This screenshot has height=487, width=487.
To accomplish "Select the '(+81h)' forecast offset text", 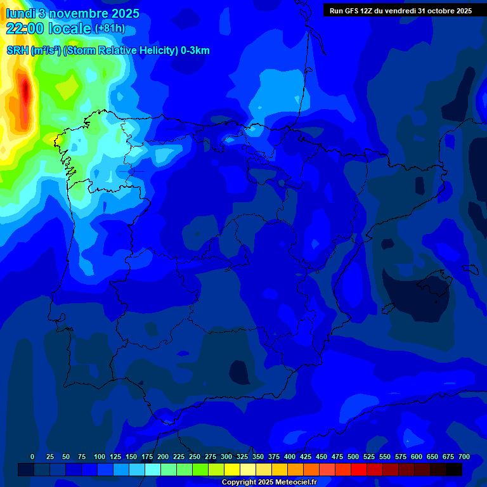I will (x=110, y=29).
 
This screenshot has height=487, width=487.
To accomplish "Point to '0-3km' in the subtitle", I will (x=195, y=51).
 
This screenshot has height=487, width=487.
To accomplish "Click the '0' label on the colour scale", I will (x=32, y=457).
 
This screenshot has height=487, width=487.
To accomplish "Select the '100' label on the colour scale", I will (x=100, y=457).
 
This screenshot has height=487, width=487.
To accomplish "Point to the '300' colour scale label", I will (x=226, y=457).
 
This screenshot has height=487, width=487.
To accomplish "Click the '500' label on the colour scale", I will (x=353, y=457).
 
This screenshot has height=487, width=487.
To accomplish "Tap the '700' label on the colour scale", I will (x=464, y=457).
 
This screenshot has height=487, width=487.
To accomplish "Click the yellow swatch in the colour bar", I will (x=232, y=469).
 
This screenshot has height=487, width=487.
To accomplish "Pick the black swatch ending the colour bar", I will (x=454, y=469).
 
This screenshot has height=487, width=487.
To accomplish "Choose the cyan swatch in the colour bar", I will (x=153, y=469).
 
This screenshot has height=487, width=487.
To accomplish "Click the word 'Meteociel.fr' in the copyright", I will (x=294, y=483).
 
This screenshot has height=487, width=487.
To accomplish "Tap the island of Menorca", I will (x=470, y=269).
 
